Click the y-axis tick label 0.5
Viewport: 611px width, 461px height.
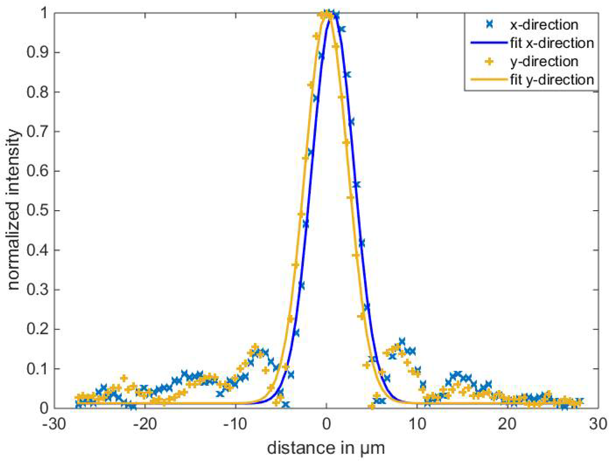37,211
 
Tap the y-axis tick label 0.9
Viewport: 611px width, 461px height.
37,52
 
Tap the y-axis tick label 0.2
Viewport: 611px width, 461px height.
37,329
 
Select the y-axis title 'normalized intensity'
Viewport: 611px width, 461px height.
13,210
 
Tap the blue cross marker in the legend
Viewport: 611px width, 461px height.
489,25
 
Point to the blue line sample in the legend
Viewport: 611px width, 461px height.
489,43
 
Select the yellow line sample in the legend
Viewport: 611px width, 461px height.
489,80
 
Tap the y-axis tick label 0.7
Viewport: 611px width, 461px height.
37,132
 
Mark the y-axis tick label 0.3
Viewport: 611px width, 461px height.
37,290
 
